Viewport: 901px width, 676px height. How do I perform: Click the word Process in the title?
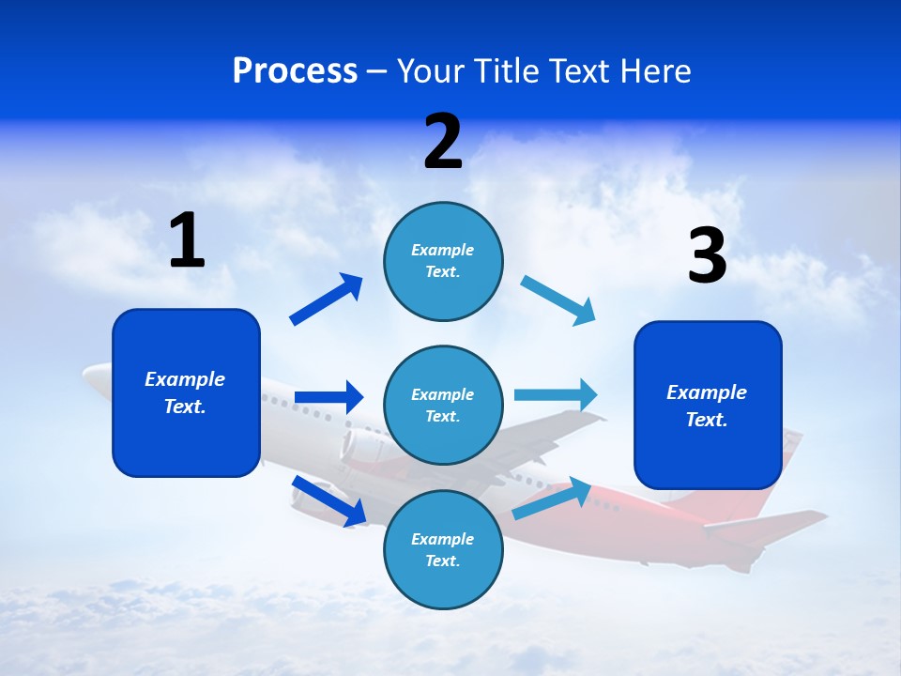coord(295,70)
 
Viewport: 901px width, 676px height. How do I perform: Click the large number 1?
coord(187,241)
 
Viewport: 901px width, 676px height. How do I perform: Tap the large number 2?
coord(443,142)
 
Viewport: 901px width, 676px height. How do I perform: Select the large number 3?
coord(708,256)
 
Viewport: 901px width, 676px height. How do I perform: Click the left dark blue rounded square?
coord(186,392)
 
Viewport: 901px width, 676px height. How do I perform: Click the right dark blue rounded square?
coord(708,405)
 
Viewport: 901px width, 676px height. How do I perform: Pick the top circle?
coord(443,261)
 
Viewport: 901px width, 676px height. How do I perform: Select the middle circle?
coord(443,405)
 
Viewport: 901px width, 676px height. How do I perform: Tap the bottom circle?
coord(443,549)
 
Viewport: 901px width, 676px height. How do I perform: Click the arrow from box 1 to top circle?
coord(327,300)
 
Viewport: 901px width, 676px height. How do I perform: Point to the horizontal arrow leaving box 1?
coord(328,397)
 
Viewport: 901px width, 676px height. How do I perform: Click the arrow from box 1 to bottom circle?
coord(328,500)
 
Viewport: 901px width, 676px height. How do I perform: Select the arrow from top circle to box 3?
coord(558,300)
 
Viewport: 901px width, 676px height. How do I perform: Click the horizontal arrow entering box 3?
coord(556,394)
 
